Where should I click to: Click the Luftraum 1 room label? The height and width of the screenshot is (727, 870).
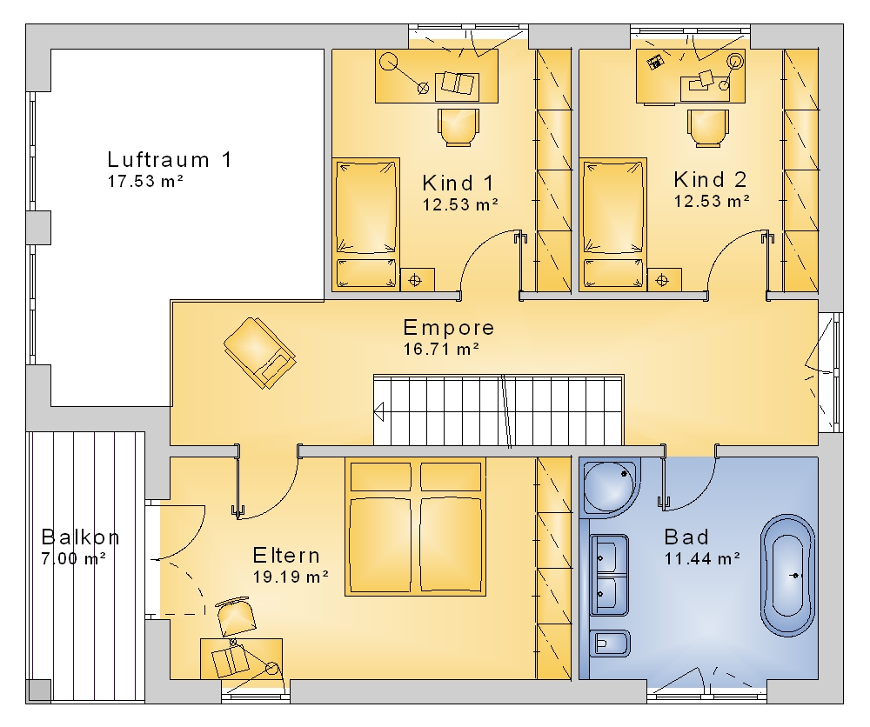coord(170,160)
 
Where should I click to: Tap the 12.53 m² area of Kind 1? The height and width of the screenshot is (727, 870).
coord(460,204)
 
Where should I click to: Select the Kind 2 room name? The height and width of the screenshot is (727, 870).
coord(710,180)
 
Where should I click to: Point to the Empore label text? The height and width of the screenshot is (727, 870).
coord(448,328)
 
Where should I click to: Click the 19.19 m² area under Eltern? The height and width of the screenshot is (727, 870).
coord(291,577)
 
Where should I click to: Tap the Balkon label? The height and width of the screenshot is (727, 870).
coord(80,537)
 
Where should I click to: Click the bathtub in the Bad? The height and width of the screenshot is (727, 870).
coord(787,575)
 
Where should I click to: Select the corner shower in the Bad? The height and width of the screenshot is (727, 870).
coord(611,487)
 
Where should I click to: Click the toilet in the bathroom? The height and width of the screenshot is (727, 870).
coord(610,644)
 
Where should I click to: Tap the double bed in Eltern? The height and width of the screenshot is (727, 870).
coord(415,527)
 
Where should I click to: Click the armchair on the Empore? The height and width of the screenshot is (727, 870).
coord(259,353)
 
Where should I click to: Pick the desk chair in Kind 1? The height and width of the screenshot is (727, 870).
coord(458,128)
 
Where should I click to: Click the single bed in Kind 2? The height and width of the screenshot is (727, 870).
coord(613,224)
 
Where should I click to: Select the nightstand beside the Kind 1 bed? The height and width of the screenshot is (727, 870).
coord(417,280)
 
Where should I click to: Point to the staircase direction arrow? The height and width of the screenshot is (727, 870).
coord(379,412)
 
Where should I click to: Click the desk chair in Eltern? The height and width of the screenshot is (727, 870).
coord(237,616)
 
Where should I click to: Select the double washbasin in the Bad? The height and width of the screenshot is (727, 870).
coord(609,575)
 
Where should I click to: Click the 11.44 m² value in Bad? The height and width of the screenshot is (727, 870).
coord(702,558)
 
